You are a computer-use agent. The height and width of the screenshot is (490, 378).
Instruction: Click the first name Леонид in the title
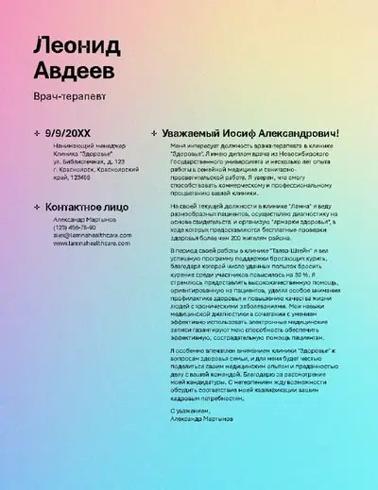75,44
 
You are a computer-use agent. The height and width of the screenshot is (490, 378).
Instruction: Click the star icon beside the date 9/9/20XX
37,134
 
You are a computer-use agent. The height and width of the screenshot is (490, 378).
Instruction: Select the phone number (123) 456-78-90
75,228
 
